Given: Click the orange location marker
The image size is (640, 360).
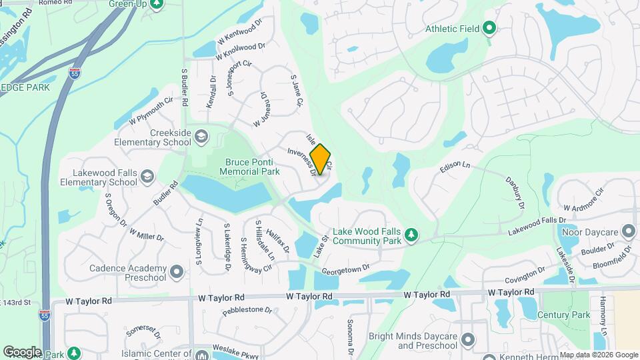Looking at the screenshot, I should [x=321, y=159].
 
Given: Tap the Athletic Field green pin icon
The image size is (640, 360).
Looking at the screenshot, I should [x=489, y=29].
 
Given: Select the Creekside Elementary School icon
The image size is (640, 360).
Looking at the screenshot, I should [x=201, y=137].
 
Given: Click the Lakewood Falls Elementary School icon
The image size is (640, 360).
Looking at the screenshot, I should [x=147, y=177].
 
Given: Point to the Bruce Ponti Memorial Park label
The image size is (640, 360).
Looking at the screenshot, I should [x=252, y=166].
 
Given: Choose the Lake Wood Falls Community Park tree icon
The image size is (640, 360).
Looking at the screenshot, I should [x=412, y=235].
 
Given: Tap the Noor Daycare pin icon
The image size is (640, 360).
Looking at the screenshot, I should [x=628, y=231].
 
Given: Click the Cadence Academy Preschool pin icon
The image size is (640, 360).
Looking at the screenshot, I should [x=176, y=272].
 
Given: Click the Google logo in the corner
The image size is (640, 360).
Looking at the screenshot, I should [x=22, y=352].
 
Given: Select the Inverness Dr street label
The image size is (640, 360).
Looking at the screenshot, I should [x=301, y=161].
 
